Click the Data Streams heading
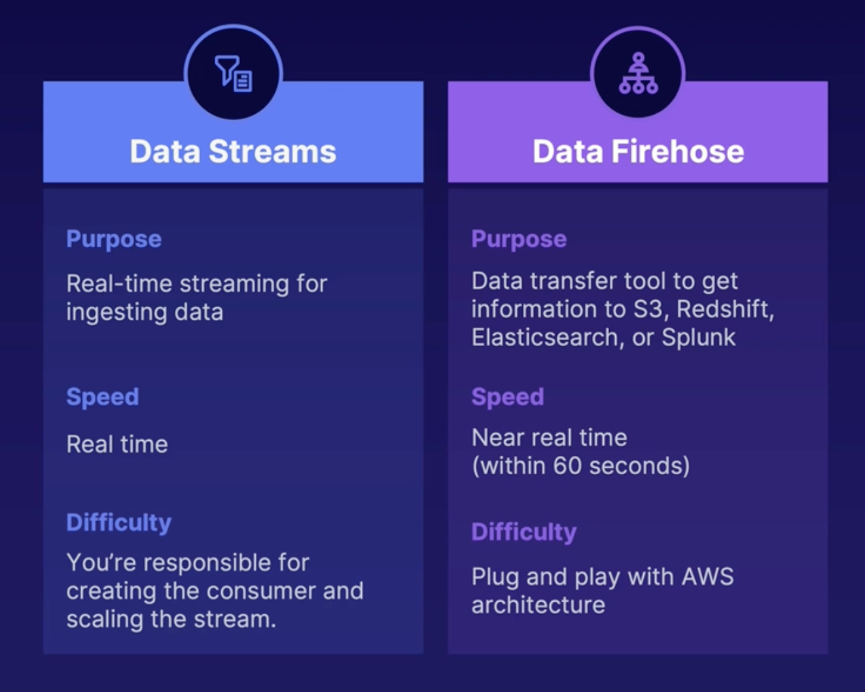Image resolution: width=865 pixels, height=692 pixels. coord(233,152)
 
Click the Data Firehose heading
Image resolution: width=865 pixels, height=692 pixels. coord(638,152)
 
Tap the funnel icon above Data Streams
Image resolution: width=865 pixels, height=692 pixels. coord(234,73)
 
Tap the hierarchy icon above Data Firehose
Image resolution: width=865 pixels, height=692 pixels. coord(638,73)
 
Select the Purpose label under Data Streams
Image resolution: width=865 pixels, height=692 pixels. coord(114,239)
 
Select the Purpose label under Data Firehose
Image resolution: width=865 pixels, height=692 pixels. coord(519,239)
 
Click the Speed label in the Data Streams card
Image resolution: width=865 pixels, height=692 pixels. coord(103,397)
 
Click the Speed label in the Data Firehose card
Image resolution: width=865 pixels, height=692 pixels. coord(508,397)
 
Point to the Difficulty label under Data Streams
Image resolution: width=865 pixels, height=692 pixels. coord(118,523)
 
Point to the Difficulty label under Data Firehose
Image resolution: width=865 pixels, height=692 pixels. coord(523,532)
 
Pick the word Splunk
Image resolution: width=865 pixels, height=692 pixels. coord(698,337)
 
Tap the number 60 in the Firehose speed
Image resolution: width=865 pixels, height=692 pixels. coord(567,466)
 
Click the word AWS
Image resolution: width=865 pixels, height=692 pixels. coord(707,577)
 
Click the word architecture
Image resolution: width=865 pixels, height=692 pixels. coord(538,605)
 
